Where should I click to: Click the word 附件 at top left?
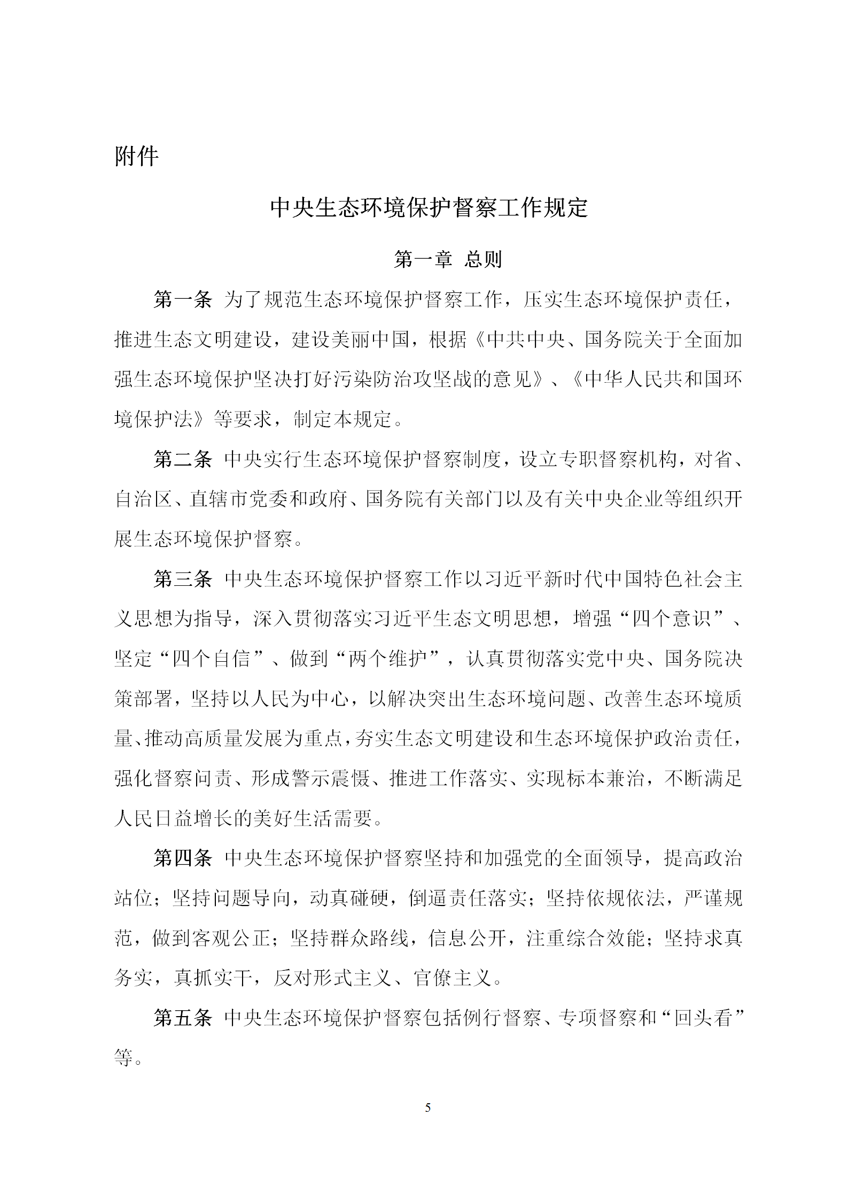pyautogui.click(x=136, y=157)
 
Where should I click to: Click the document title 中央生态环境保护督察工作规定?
pyautogui.click(x=429, y=208)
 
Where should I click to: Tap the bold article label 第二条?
pyautogui.click(x=183, y=459)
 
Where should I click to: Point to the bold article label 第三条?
pyautogui.click(x=183, y=579)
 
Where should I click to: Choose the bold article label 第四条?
pyautogui.click(x=183, y=858)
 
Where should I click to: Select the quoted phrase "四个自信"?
pyautogui.click(x=211, y=659)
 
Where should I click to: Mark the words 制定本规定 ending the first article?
pyautogui.click(x=343, y=420)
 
